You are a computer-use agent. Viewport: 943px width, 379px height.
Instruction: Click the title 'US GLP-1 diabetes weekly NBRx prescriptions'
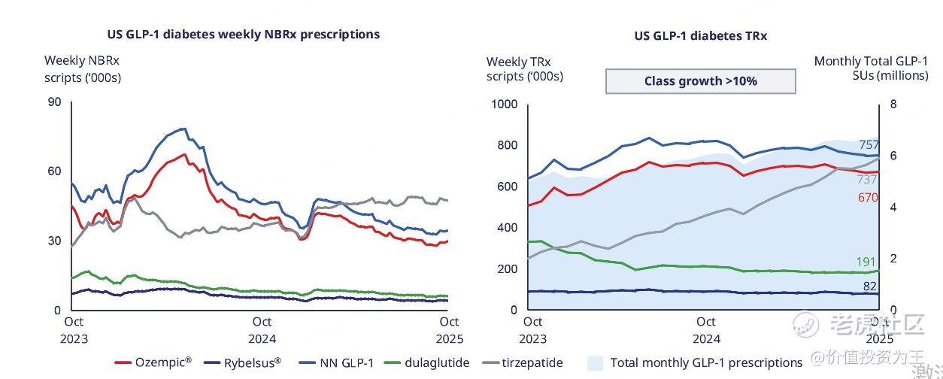click(x=242, y=35)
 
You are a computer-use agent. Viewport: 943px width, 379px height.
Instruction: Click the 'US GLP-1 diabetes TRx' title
click(x=700, y=35)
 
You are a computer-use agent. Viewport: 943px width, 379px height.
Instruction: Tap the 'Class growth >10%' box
click(x=700, y=81)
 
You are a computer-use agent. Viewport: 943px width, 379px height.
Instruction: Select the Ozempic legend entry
click(x=153, y=362)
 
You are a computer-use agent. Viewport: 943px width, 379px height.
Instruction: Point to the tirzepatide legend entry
click(x=522, y=362)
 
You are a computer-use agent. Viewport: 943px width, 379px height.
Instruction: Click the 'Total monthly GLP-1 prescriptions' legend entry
click(x=695, y=362)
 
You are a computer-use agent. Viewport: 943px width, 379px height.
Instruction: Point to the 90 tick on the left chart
click(x=54, y=102)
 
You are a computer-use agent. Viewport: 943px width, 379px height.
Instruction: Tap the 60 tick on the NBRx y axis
click(x=54, y=171)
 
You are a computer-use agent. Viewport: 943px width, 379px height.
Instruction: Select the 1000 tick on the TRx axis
click(x=504, y=104)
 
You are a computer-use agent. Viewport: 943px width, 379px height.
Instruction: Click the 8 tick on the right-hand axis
click(x=893, y=104)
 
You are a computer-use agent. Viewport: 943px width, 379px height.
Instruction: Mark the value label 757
click(x=869, y=145)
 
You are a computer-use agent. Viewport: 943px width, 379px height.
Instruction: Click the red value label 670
click(x=869, y=197)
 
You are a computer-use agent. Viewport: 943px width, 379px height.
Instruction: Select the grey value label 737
click(x=867, y=179)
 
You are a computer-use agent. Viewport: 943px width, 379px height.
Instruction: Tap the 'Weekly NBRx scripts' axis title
click(x=83, y=68)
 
